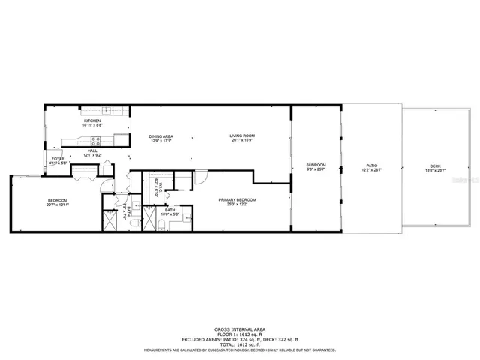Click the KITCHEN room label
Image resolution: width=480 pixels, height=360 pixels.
tap(92, 121)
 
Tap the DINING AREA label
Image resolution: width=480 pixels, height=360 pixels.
tap(163, 136)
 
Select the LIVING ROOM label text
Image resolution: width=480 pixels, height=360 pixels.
tap(241, 136)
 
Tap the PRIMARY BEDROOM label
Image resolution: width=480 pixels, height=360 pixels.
tap(238, 199)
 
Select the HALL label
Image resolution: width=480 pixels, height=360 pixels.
tap(92, 151)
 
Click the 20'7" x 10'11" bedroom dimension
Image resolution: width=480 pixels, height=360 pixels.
tap(58, 205)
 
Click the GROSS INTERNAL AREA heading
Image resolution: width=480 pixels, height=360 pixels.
tap(240, 330)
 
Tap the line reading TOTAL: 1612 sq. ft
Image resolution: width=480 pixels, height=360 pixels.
tap(240, 343)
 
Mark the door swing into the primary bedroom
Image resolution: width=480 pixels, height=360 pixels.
tap(201, 177)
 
